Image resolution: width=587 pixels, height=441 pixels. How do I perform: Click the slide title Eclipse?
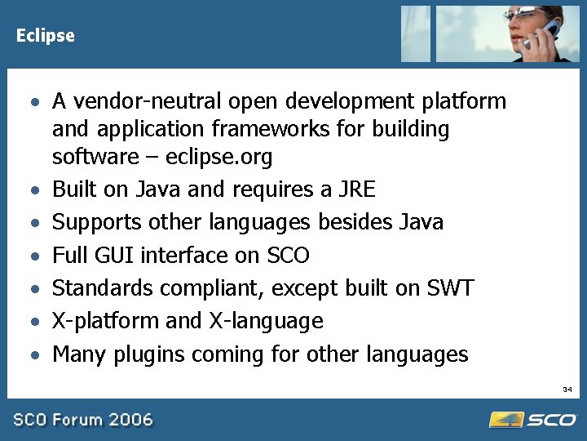[x=45, y=36]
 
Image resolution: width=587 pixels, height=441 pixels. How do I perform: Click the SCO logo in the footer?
[x=533, y=419]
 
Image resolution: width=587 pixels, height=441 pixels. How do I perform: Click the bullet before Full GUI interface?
[x=33, y=256]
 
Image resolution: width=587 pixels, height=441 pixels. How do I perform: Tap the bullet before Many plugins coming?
[x=33, y=355]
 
